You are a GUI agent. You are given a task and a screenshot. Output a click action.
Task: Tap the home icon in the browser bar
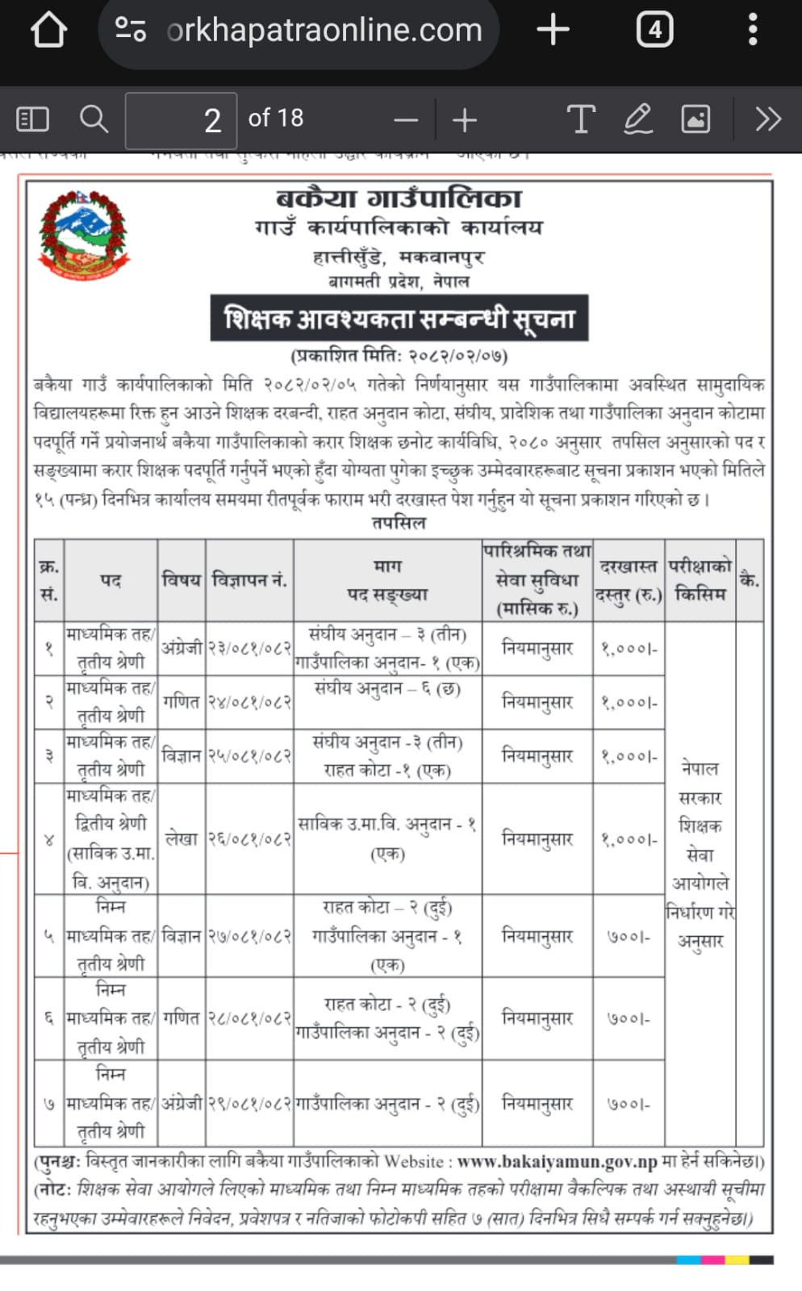tap(48, 31)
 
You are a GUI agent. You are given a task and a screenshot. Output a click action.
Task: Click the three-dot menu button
tap(752, 30)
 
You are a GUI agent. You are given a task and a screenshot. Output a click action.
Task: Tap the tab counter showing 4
tap(654, 31)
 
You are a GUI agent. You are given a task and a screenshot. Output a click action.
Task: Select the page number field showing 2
tap(181, 120)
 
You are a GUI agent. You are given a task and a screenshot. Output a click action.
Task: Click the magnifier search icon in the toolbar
tap(94, 119)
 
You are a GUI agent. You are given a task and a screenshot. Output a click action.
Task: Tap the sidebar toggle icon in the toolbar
tap(33, 119)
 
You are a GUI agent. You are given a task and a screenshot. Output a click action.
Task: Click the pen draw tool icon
tap(637, 119)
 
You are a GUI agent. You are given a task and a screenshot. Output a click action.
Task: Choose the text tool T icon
tap(580, 119)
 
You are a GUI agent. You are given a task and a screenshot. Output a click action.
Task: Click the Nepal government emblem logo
tap(84, 235)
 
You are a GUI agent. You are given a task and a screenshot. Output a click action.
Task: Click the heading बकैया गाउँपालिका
tap(399, 198)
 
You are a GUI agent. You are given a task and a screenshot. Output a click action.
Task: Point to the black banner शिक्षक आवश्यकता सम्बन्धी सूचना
tap(399, 318)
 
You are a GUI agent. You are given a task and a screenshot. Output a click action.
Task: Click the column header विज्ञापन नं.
tap(249, 580)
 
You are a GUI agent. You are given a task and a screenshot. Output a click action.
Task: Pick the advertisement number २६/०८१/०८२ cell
tap(249, 839)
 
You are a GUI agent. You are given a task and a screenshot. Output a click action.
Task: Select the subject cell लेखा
tap(182, 839)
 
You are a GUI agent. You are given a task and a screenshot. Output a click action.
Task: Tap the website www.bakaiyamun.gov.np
tap(557, 1162)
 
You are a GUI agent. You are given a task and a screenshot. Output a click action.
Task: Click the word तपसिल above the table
tap(399, 523)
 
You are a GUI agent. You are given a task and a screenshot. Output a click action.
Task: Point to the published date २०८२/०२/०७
tap(457, 355)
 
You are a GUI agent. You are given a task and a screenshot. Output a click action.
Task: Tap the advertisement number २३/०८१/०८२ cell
tap(249, 648)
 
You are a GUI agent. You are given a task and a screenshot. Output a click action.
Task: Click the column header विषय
tap(182, 580)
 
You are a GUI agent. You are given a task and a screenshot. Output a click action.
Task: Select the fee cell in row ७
tap(629, 1104)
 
